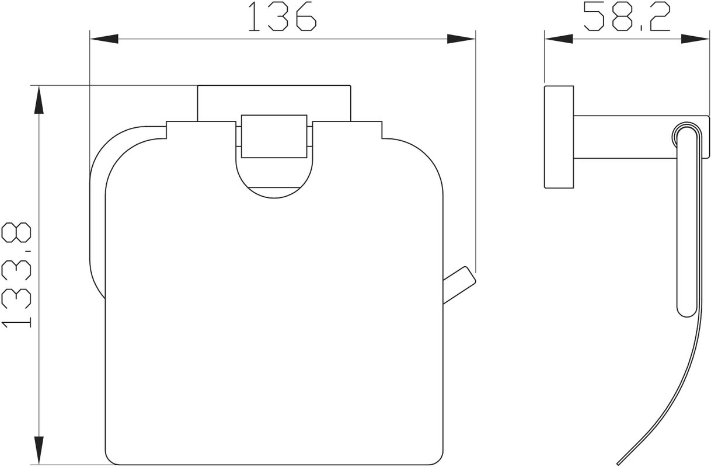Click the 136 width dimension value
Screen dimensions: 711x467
pyautogui.click(x=283, y=16)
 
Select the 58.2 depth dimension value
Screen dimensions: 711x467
pyautogui.click(x=626, y=16)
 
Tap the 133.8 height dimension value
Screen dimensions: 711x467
pyautogui.click(x=16, y=275)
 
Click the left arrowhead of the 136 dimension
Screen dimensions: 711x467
pyautogui.click(x=104, y=39)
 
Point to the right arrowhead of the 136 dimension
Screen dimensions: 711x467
pyautogui.click(x=461, y=39)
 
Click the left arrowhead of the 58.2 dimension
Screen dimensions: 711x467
pyautogui.click(x=559, y=39)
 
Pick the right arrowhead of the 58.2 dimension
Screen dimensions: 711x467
pyautogui.click(x=695, y=39)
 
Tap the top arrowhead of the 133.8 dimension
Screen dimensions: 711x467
pyautogui.click(x=39, y=100)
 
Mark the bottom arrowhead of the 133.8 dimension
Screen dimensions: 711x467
pyautogui.click(x=39, y=450)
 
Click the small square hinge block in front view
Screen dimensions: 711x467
pyautogui.click(x=274, y=136)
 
